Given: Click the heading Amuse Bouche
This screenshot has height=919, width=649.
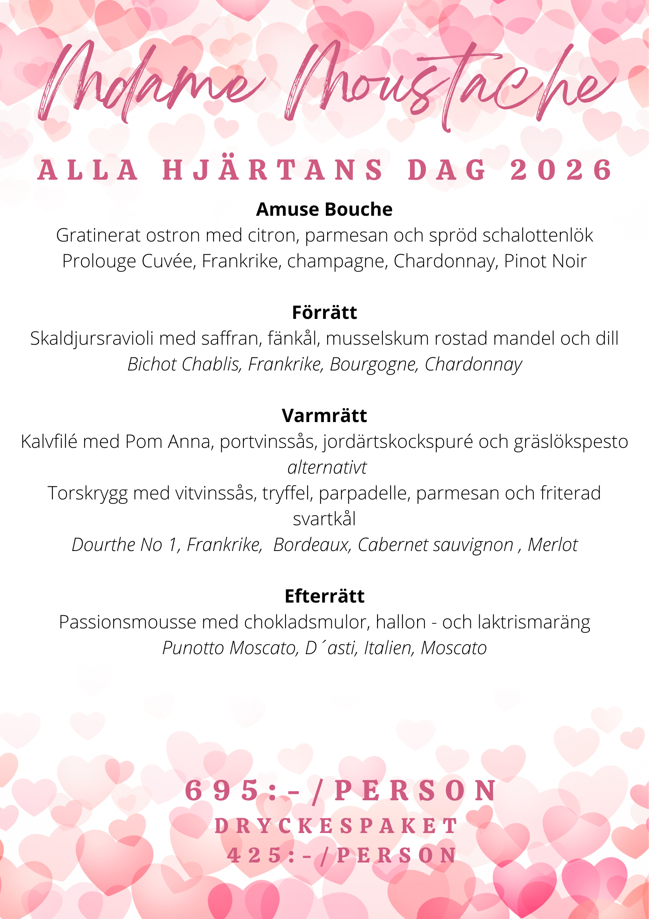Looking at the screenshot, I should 324,209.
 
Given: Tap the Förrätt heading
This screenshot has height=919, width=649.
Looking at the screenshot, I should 324,312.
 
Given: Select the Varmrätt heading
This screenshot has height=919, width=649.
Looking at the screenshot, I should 324,415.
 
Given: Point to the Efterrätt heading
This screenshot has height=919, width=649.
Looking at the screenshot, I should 324,596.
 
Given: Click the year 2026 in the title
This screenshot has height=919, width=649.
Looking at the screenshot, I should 561,170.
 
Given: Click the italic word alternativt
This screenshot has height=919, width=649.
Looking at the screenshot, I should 327,467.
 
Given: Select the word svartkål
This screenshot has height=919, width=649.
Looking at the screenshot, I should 324,519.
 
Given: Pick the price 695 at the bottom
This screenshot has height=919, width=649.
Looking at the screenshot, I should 223,790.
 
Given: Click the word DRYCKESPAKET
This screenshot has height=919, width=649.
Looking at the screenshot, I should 336,826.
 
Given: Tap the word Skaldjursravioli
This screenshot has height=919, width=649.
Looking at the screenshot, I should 92,339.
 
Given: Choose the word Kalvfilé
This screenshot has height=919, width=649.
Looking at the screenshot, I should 49,442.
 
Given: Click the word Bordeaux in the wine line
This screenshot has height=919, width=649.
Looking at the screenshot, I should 312,545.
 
